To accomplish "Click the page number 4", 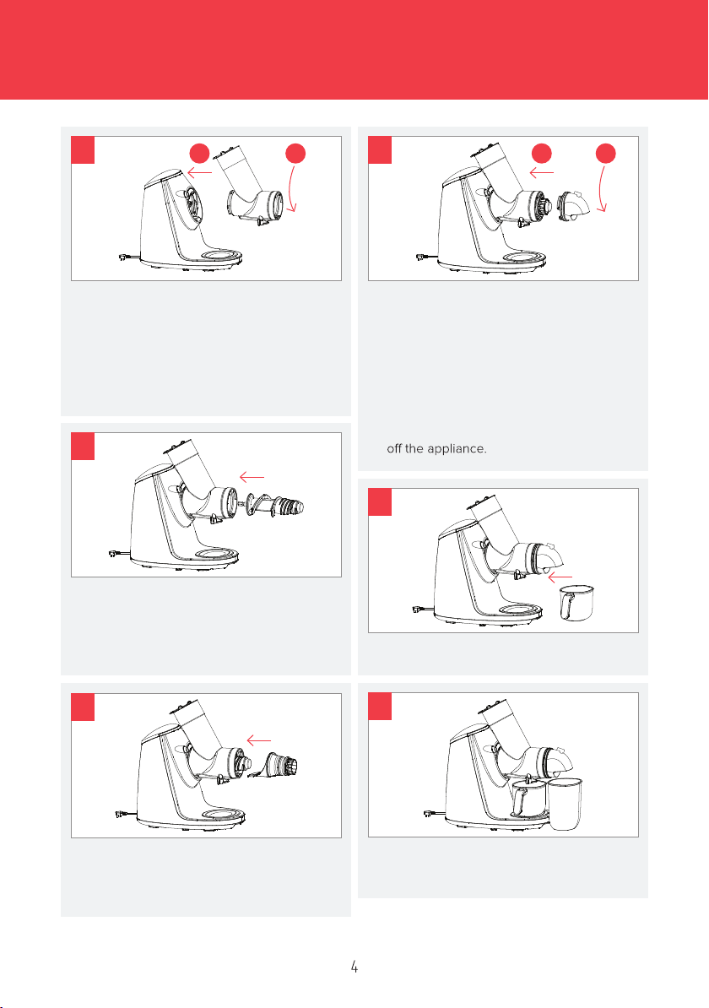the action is click(x=354, y=966).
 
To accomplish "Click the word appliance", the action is click(x=457, y=449).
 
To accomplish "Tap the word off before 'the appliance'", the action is click(x=394, y=448).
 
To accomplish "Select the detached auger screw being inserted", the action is click(x=274, y=506).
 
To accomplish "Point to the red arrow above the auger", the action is click(x=252, y=477).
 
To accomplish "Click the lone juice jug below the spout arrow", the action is click(x=576, y=603).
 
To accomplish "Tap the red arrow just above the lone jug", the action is click(x=560, y=577).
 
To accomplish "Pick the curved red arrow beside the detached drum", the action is click(x=293, y=187).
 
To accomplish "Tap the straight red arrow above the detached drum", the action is click(x=200, y=172).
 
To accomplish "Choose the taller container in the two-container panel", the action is click(x=565, y=804).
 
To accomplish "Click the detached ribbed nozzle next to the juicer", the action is click(x=281, y=765).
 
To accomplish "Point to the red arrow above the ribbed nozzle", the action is click(x=259, y=740).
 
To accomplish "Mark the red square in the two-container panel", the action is click(x=380, y=706).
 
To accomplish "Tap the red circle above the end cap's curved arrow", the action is click(x=605, y=153).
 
